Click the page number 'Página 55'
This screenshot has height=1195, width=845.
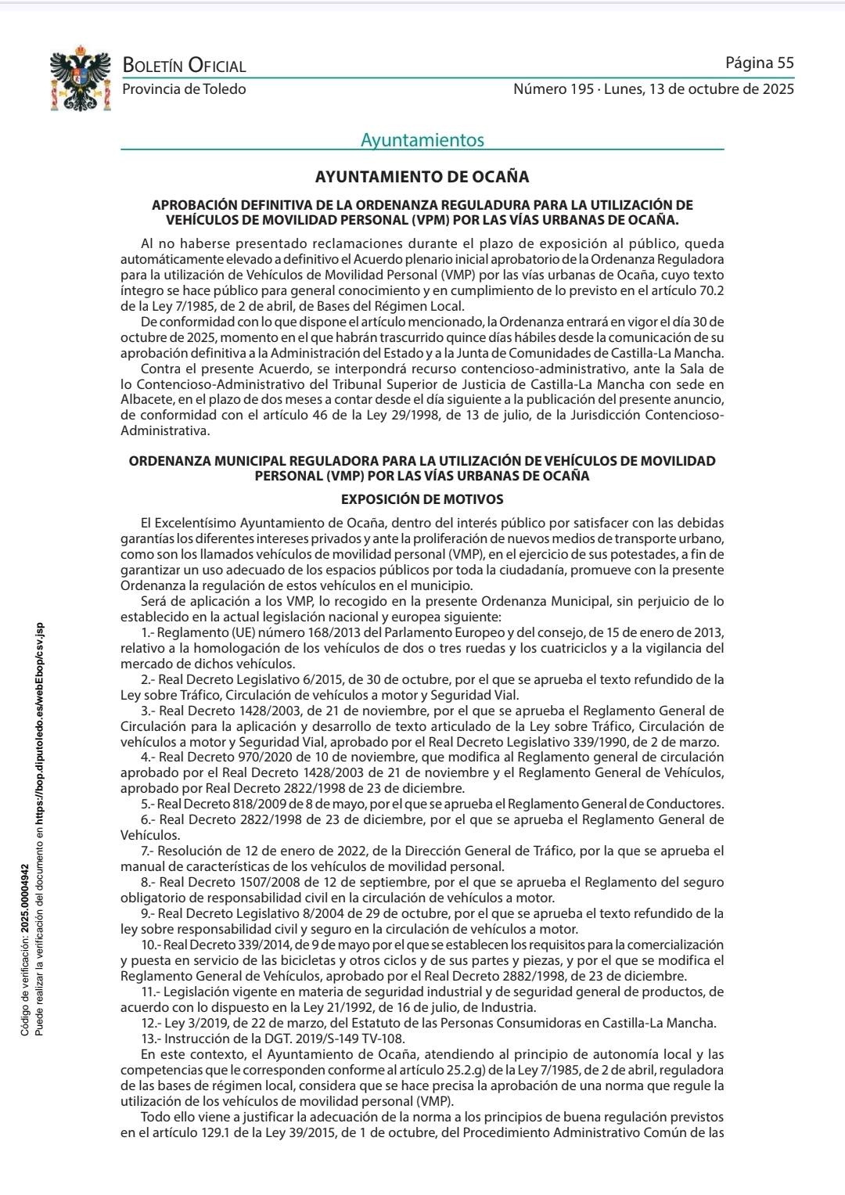[x=759, y=63]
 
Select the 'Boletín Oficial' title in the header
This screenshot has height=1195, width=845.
[x=184, y=67]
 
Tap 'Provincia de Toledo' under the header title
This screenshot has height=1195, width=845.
[x=184, y=89]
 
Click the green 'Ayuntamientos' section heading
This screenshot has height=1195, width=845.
[x=422, y=140]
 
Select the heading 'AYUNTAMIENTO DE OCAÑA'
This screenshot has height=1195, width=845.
[x=422, y=177]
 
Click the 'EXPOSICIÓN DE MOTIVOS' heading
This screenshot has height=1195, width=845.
[x=422, y=499]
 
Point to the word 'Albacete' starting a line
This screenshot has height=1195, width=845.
[x=146, y=399]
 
